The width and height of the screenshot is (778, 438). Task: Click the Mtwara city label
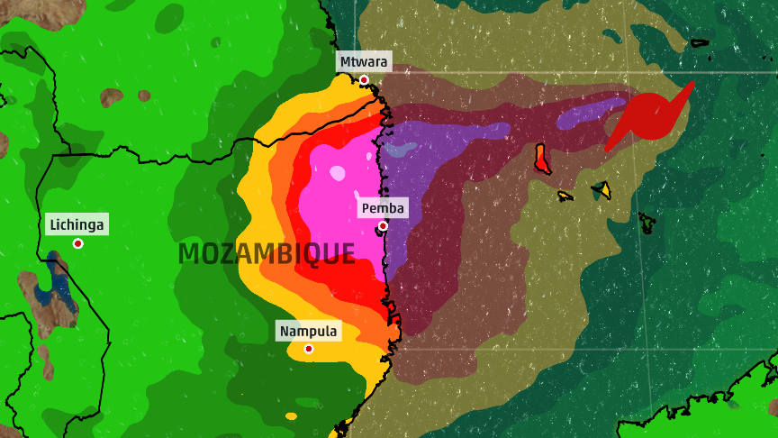363,62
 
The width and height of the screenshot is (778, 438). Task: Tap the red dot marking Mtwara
364,80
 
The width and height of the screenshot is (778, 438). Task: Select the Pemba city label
384,209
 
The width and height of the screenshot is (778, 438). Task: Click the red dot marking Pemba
383,225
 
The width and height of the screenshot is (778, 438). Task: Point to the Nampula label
308,332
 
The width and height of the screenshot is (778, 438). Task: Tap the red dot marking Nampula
309,348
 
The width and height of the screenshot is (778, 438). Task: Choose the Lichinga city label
77,224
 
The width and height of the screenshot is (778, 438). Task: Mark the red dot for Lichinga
78,243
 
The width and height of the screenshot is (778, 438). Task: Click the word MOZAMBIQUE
267,254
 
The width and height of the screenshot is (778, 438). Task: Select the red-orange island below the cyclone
542,159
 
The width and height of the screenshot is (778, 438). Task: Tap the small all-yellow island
565,196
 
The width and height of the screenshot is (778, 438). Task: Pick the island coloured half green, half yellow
602,189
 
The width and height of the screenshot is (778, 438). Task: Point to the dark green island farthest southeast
646,220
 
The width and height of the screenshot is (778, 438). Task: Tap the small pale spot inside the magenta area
337,172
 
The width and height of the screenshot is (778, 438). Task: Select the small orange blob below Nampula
291,415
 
